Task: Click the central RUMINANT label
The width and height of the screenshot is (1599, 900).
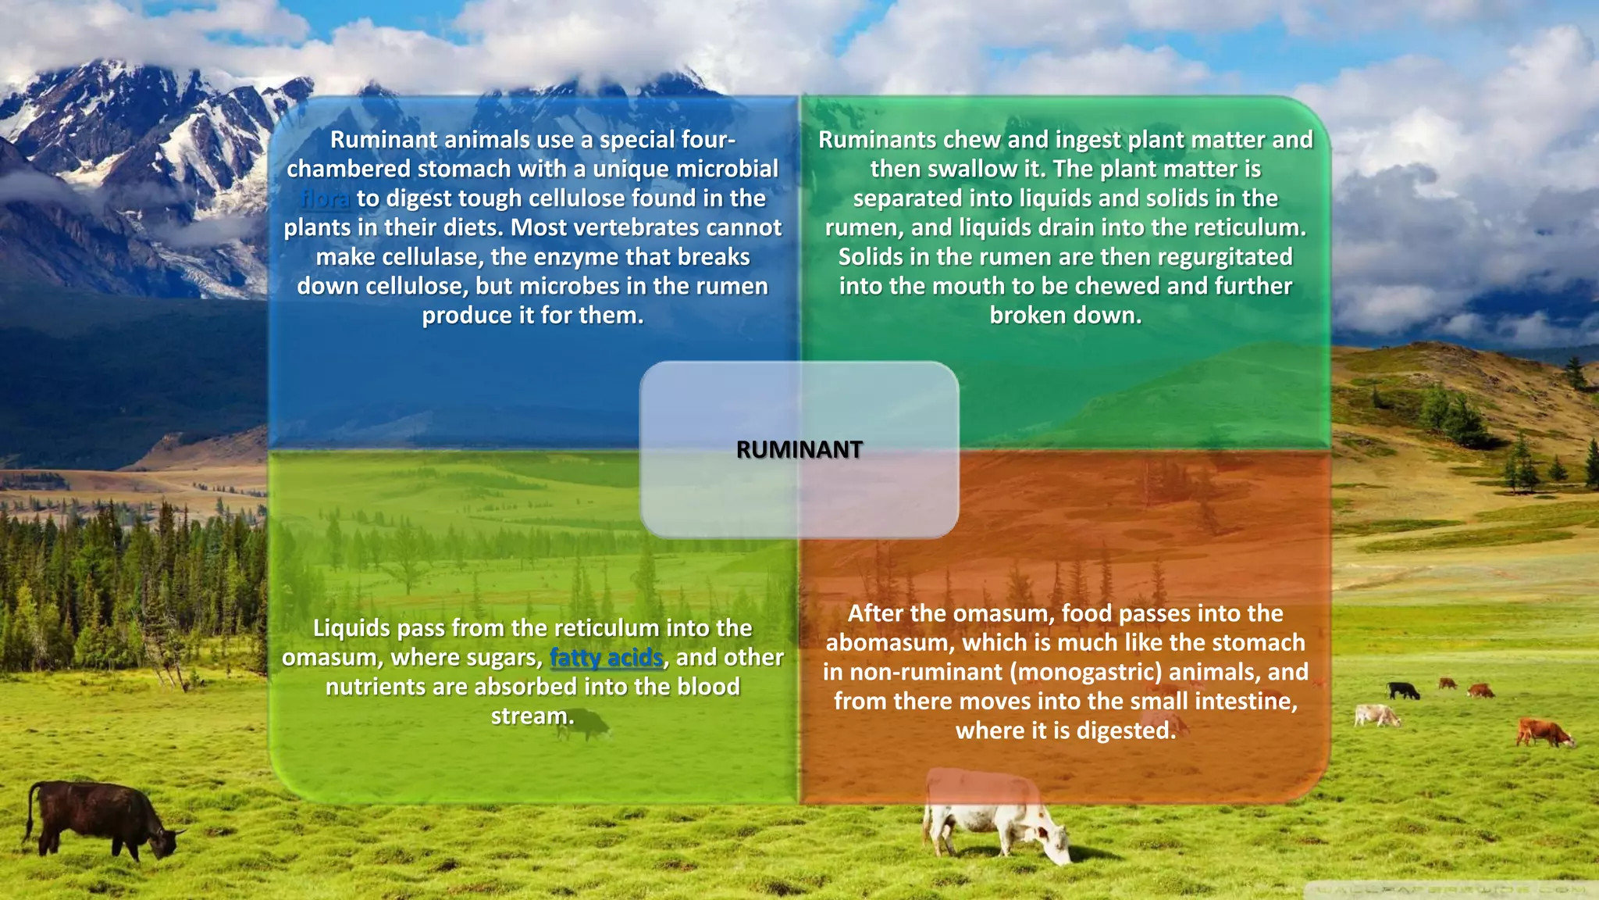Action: click(x=799, y=450)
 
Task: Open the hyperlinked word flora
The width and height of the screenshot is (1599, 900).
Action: click(x=325, y=198)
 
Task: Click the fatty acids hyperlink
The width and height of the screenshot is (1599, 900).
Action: click(x=606, y=658)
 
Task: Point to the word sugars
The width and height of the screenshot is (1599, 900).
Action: click(x=500, y=658)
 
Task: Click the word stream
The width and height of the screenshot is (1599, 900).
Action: click(x=532, y=716)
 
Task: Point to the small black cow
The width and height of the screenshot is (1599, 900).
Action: click(x=1403, y=691)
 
